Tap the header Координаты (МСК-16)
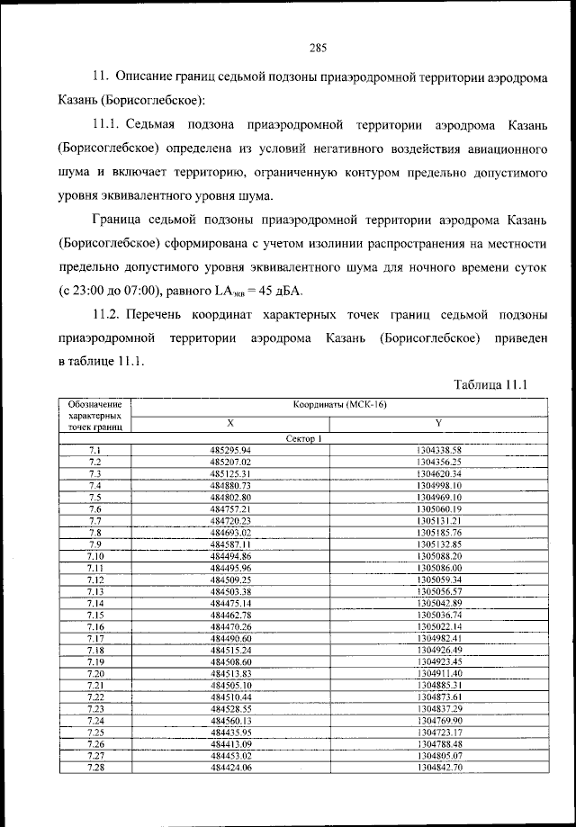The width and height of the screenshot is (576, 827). [x=338, y=405]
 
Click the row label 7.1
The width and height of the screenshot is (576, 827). [x=94, y=449]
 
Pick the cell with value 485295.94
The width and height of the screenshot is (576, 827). [x=229, y=449]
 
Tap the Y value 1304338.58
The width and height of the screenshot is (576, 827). [x=439, y=449]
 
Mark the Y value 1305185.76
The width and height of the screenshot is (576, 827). [x=439, y=532]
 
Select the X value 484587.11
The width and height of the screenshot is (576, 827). [x=229, y=544]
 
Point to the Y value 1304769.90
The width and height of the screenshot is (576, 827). [x=439, y=720]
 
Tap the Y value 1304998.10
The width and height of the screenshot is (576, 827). [x=439, y=485]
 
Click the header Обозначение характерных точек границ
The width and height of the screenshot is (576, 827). [x=94, y=416]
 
